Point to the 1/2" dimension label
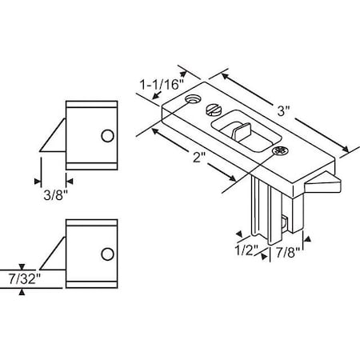tap(247, 250)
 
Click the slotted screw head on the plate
tap(213, 110)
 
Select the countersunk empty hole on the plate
tap(193, 100)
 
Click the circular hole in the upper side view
tap(106, 136)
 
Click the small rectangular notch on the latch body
tap(286, 223)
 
